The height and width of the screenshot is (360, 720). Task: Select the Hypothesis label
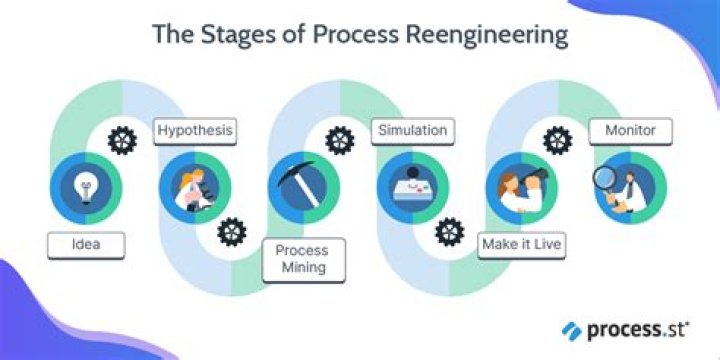coord(194,130)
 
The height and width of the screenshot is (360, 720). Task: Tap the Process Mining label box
coord(301,258)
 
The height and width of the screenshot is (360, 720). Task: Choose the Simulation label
coord(410,130)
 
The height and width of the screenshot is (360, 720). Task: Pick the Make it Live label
coord(519,243)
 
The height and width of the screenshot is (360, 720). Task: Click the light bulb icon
coord(85,186)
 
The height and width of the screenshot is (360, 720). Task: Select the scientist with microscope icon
coord(193,187)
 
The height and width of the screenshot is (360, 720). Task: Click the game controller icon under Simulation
coord(411,188)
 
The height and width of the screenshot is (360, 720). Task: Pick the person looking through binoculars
coord(521,187)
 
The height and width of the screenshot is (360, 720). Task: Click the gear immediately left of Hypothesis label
coord(122,139)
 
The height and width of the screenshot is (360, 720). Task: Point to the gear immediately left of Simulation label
coord(340,139)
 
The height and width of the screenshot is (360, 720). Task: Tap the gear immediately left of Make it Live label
coord(449,232)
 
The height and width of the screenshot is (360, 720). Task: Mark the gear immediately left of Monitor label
coord(557,139)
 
